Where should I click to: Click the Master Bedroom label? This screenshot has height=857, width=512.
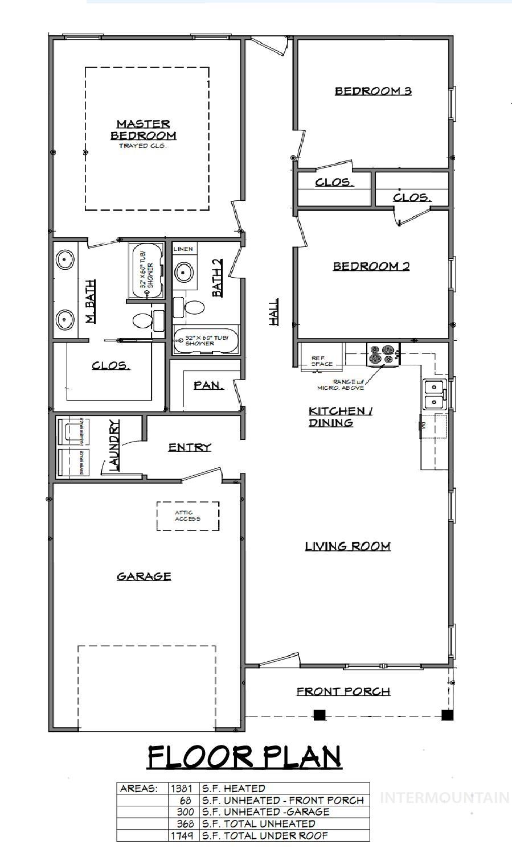tap(143, 130)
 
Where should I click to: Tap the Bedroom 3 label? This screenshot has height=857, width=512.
tap(372, 90)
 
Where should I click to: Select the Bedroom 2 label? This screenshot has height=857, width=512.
tap(371, 266)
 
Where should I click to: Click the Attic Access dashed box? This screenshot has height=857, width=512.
tap(188, 516)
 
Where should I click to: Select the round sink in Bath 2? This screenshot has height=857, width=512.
tap(183, 271)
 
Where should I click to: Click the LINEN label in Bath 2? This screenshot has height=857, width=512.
tap(183, 249)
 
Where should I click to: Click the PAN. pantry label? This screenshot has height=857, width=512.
tap(208, 385)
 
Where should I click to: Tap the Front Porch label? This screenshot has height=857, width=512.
tap(343, 691)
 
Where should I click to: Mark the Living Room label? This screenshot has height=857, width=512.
tap(347, 546)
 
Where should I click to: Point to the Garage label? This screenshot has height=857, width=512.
tap(144, 576)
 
